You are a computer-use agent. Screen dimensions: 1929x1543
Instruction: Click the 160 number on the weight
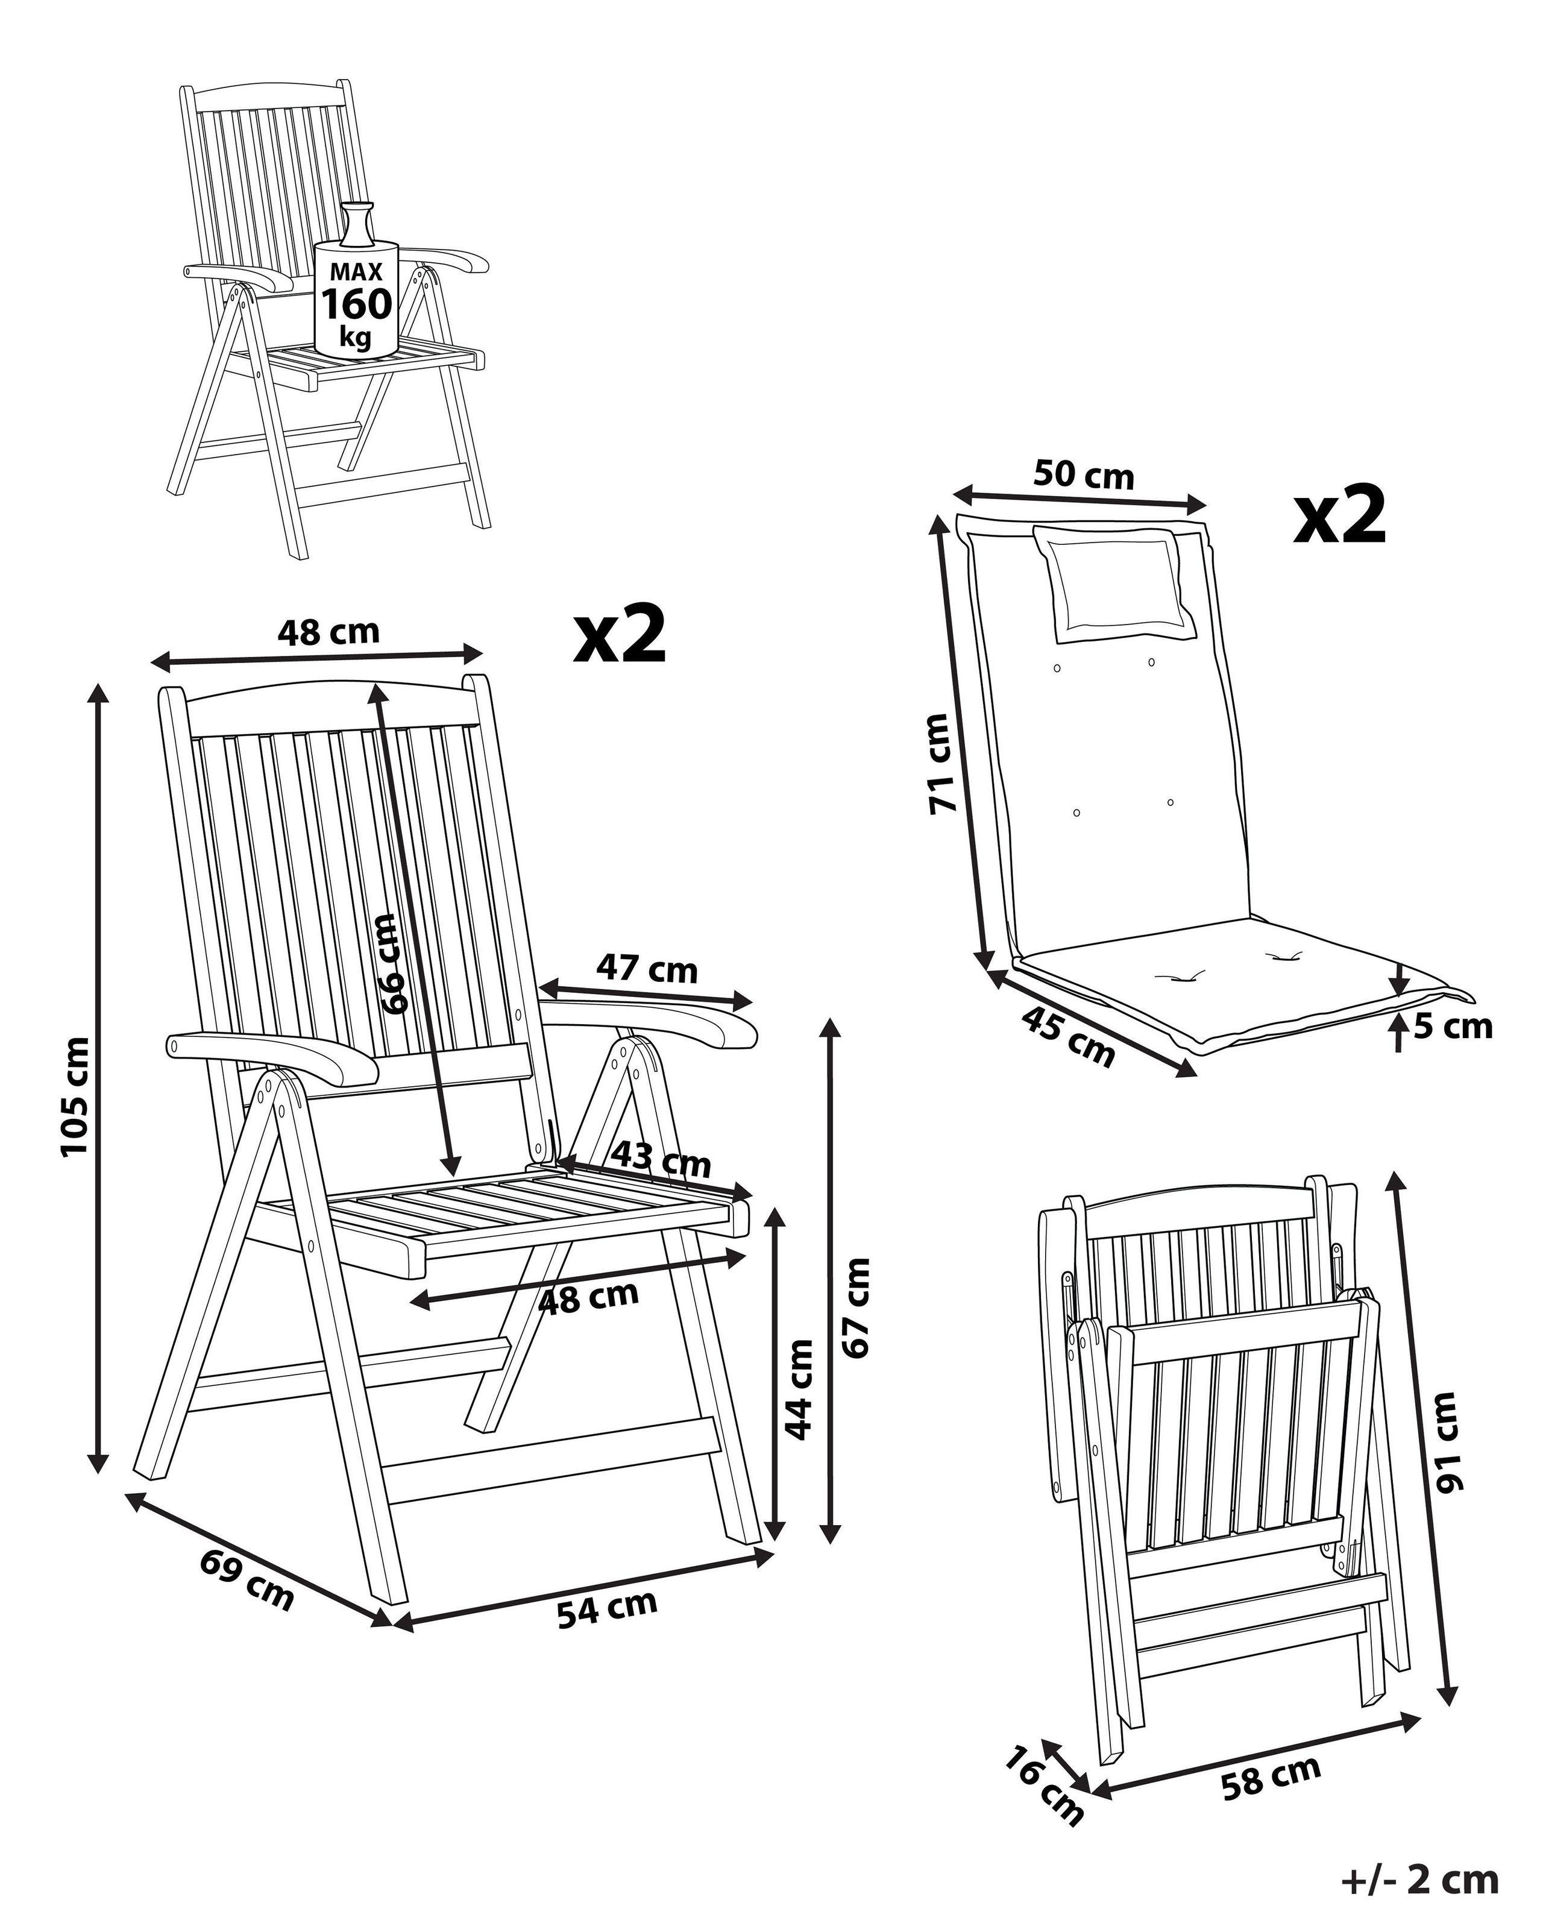(357, 305)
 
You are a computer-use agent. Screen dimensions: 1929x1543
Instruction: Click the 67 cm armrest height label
(857, 1308)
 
